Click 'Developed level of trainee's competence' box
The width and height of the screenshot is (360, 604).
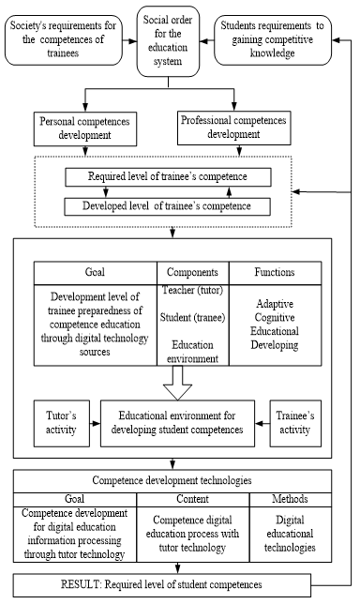click(169, 205)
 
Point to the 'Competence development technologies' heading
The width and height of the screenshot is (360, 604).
click(172, 481)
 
